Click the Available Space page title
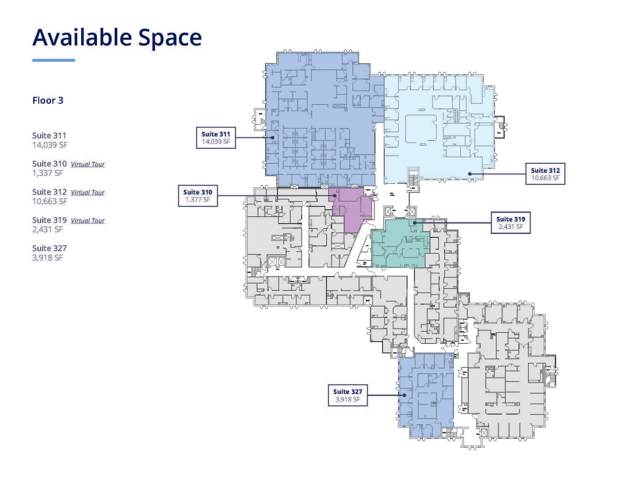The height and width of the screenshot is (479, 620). pyautogui.click(x=117, y=38)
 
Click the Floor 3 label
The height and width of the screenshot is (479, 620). pyautogui.click(x=48, y=100)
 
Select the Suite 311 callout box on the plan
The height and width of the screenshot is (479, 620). pyautogui.click(x=216, y=138)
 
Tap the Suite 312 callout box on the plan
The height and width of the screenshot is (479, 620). pyautogui.click(x=545, y=174)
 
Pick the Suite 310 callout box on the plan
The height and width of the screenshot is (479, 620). pyautogui.click(x=198, y=196)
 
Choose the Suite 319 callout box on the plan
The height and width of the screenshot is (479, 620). pyautogui.click(x=510, y=223)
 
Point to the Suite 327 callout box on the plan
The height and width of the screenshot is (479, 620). pyautogui.click(x=348, y=395)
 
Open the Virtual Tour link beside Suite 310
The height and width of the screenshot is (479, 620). pyautogui.click(x=87, y=164)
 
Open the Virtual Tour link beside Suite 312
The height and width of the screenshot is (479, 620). pyautogui.click(x=87, y=192)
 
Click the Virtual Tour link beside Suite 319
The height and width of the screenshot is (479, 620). pyautogui.click(x=87, y=221)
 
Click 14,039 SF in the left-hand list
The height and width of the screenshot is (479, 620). pyautogui.click(x=50, y=145)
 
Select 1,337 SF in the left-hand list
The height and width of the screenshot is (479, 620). pyautogui.click(x=48, y=173)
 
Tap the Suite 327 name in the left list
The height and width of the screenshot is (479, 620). pyautogui.click(x=49, y=248)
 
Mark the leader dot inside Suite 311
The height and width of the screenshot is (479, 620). pyautogui.click(x=272, y=137)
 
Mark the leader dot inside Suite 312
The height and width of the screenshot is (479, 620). pyautogui.click(x=470, y=174)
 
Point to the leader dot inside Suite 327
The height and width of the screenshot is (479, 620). pyautogui.click(x=404, y=395)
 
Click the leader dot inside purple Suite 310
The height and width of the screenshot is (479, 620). pyautogui.click(x=335, y=195)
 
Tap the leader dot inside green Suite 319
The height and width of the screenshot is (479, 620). pyautogui.click(x=414, y=223)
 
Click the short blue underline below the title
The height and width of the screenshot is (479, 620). pyautogui.click(x=54, y=60)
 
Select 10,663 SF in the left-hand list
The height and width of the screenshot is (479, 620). pyautogui.click(x=50, y=201)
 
